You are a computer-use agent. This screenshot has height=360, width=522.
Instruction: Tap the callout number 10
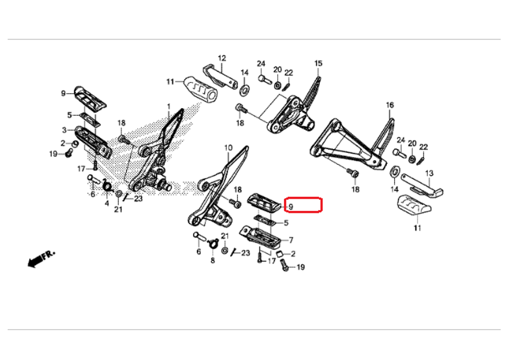point(228,148)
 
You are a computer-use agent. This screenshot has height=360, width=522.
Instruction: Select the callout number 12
point(221,58)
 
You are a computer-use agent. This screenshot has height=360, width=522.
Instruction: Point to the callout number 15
point(318,63)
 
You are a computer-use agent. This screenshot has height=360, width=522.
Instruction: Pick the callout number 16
point(389,105)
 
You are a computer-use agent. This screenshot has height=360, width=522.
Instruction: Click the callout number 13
point(429,173)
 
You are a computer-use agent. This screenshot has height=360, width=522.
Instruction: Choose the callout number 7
point(291,240)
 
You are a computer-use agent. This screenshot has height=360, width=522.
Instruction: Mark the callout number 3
point(64,130)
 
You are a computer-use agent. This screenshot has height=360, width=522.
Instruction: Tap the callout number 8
point(213,260)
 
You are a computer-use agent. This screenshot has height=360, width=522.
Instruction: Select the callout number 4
point(106,203)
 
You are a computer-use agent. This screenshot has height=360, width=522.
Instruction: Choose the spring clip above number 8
point(212,243)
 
